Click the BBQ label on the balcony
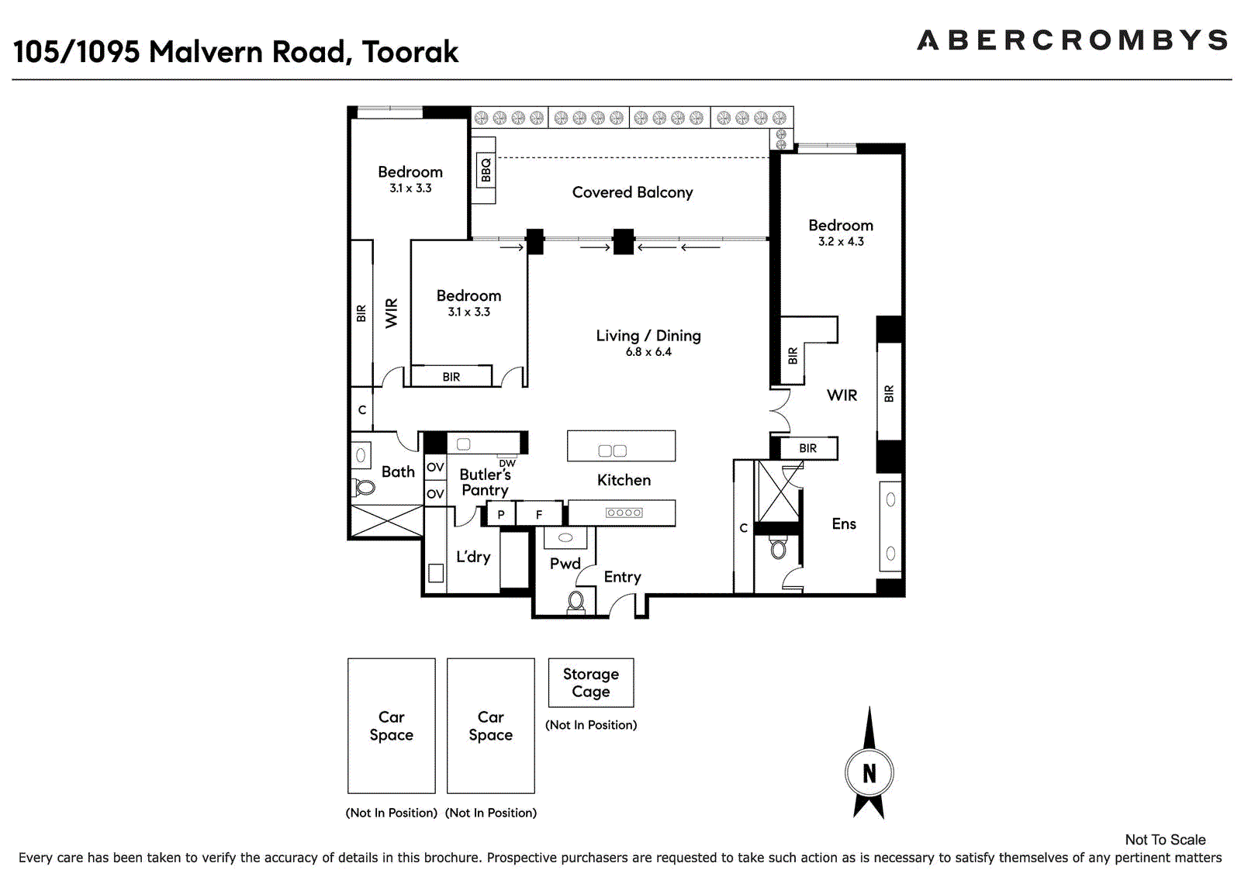486,170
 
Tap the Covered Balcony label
632,192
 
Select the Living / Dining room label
648,336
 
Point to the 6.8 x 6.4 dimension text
648,352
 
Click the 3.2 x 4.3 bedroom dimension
841,242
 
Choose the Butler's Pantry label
485,482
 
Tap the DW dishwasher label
507,463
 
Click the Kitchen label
624,480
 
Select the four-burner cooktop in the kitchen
624,513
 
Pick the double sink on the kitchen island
613,451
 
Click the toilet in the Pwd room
576,603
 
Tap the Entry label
622,577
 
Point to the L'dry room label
473,557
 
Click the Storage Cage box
590,682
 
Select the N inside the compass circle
869,773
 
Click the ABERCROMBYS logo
1073,40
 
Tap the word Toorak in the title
410,52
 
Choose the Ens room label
844,524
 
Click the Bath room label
398,472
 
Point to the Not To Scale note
1165,840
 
